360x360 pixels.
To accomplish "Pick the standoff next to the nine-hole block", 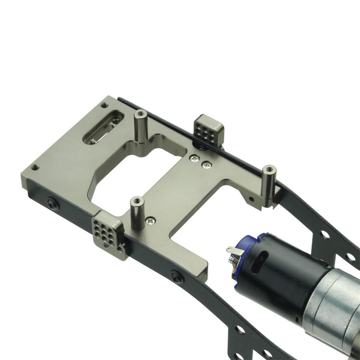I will pyautogui.click(x=137, y=213).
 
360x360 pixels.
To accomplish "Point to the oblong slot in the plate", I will pyautogui.click(x=103, y=127).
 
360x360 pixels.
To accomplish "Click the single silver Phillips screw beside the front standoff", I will pyautogui.click(x=151, y=221).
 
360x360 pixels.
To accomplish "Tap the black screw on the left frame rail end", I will pyautogui.click(x=52, y=204).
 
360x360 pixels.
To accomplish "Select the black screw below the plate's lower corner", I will pyautogui.click(x=177, y=277).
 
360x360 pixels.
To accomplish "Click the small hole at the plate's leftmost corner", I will pyautogui.click(x=35, y=167).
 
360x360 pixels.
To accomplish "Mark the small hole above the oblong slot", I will pyautogui.click(x=104, y=105).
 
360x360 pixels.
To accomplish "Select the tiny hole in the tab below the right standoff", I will pyautogui.click(x=251, y=199).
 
